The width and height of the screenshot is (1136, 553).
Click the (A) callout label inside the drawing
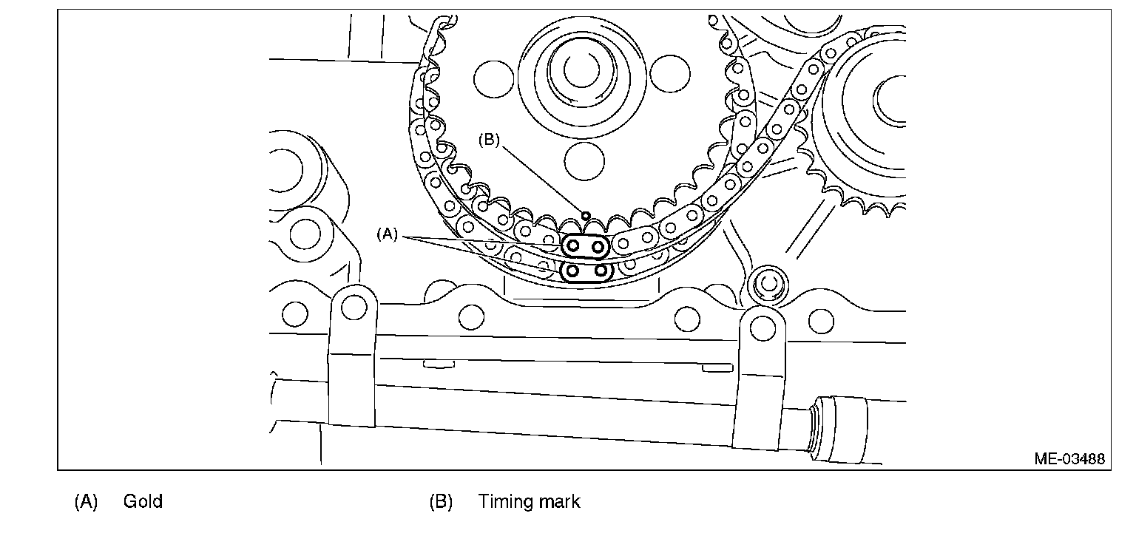point(388,234)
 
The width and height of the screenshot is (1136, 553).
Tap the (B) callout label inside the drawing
point(490,140)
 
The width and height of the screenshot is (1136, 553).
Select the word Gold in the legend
point(143,502)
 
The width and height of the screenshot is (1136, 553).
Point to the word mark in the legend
point(560,502)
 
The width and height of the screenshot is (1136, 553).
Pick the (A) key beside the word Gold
point(86,502)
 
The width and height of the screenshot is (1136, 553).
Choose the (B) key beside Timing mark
point(441,502)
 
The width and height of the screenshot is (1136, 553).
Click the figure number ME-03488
point(1069,459)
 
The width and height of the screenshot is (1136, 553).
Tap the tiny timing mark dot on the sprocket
point(585,216)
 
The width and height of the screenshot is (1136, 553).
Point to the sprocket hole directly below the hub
point(584,158)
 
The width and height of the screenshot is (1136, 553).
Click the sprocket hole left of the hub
point(493,77)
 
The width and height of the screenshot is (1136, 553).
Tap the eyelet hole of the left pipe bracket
point(354,306)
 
